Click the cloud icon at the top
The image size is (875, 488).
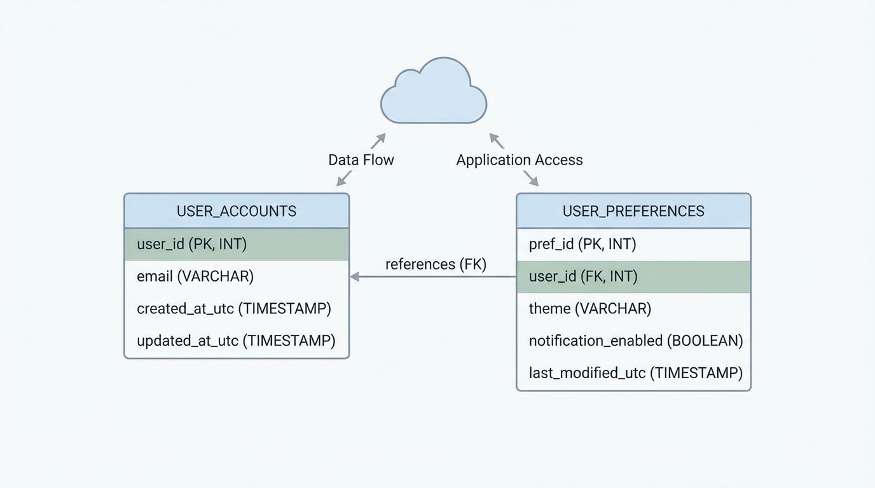[434, 93]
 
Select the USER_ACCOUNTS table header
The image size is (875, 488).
[237, 211]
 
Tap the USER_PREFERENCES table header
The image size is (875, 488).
[633, 211]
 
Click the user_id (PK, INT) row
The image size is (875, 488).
[237, 244]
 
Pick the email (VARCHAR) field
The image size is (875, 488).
[195, 276]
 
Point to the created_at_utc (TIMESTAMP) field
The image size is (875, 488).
[233, 309]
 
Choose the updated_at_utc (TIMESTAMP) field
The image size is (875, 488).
[236, 341]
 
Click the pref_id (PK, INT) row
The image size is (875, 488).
[582, 244]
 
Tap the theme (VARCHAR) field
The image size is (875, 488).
[590, 309]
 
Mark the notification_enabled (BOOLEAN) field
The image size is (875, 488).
[636, 341]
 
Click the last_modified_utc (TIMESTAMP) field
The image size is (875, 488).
[636, 373]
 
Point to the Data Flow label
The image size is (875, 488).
[361, 160]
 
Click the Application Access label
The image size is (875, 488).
[520, 160]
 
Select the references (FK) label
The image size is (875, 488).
[436, 264]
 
